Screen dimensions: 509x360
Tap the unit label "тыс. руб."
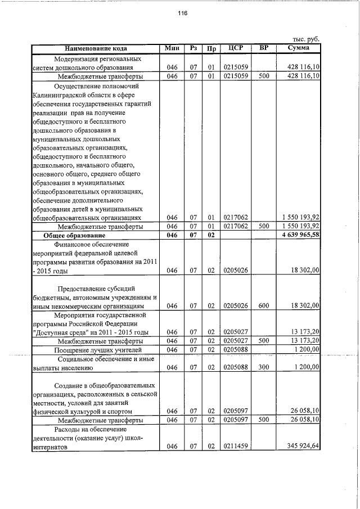pyautogui.click(x=306, y=39)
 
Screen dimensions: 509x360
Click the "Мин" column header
pyautogui.click(x=172, y=48)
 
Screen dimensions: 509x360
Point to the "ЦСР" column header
pyautogui.click(x=236, y=48)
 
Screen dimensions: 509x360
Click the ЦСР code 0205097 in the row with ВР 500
pyautogui.click(x=236, y=420)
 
